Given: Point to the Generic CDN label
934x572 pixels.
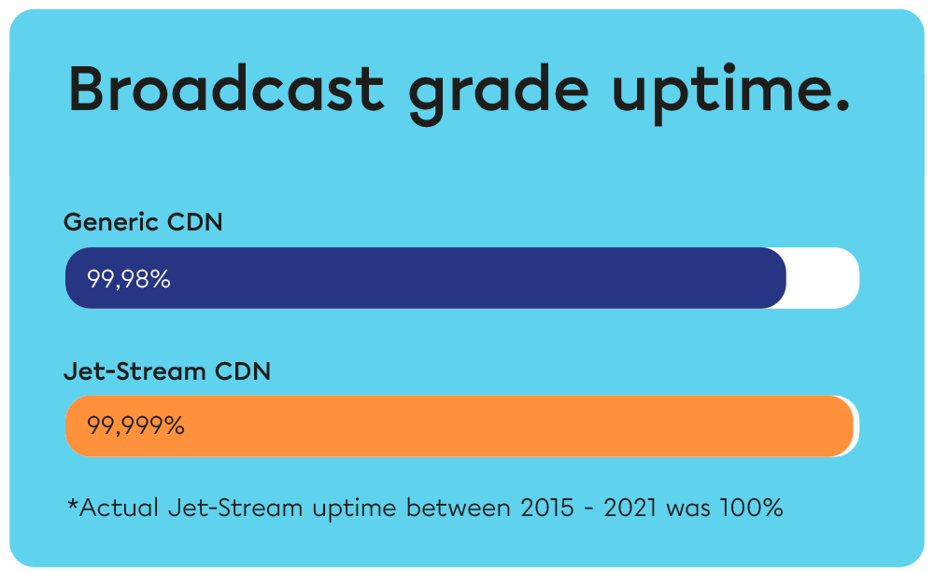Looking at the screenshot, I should [x=143, y=223].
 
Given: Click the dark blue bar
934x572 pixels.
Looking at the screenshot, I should [x=467, y=278].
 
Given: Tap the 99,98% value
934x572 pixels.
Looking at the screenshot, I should [x=129, y=279].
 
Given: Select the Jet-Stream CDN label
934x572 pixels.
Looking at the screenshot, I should [x=167, y=371].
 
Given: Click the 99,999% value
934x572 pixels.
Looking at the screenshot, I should [x=135, y=426].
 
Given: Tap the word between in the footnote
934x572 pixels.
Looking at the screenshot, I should [x=452, y=509].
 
